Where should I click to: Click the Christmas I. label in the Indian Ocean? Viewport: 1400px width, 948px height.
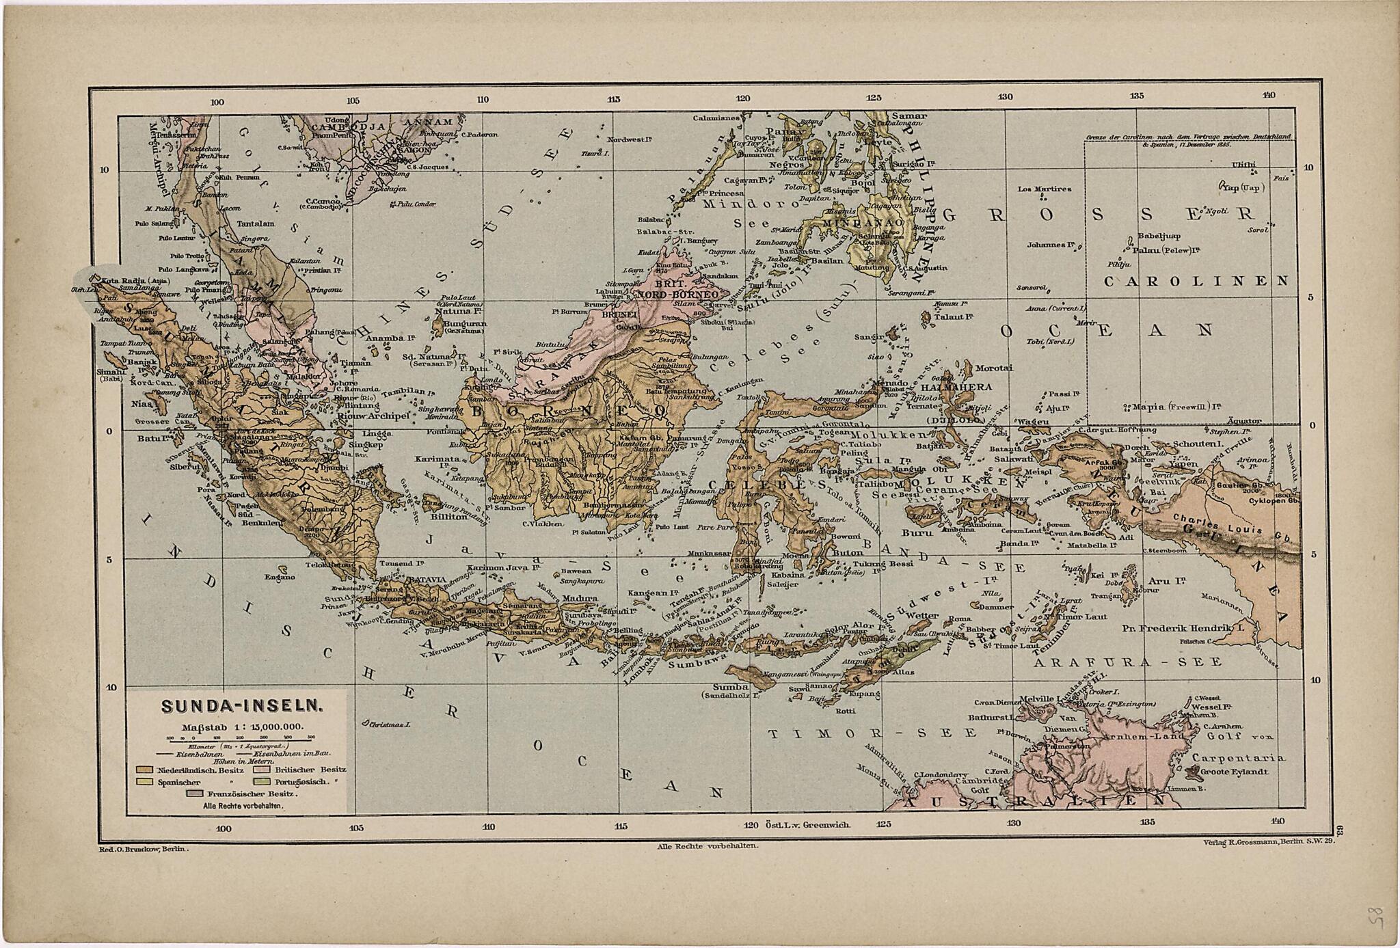pyautogui.click(x=386, y=724)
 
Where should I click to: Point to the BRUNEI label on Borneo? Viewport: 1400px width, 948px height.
pyautogui.click(x=619, y=315)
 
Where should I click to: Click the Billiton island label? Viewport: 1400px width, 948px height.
pyautogui.click(x=448, y=517)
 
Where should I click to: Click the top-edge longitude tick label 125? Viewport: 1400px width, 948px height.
pyautogui.click(x=874, y=98)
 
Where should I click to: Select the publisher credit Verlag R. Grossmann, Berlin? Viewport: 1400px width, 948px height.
pyautogui.click(x=1268, y=842)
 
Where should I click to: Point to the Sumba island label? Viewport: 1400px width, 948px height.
pyautogui.click(x=725, y=686)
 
